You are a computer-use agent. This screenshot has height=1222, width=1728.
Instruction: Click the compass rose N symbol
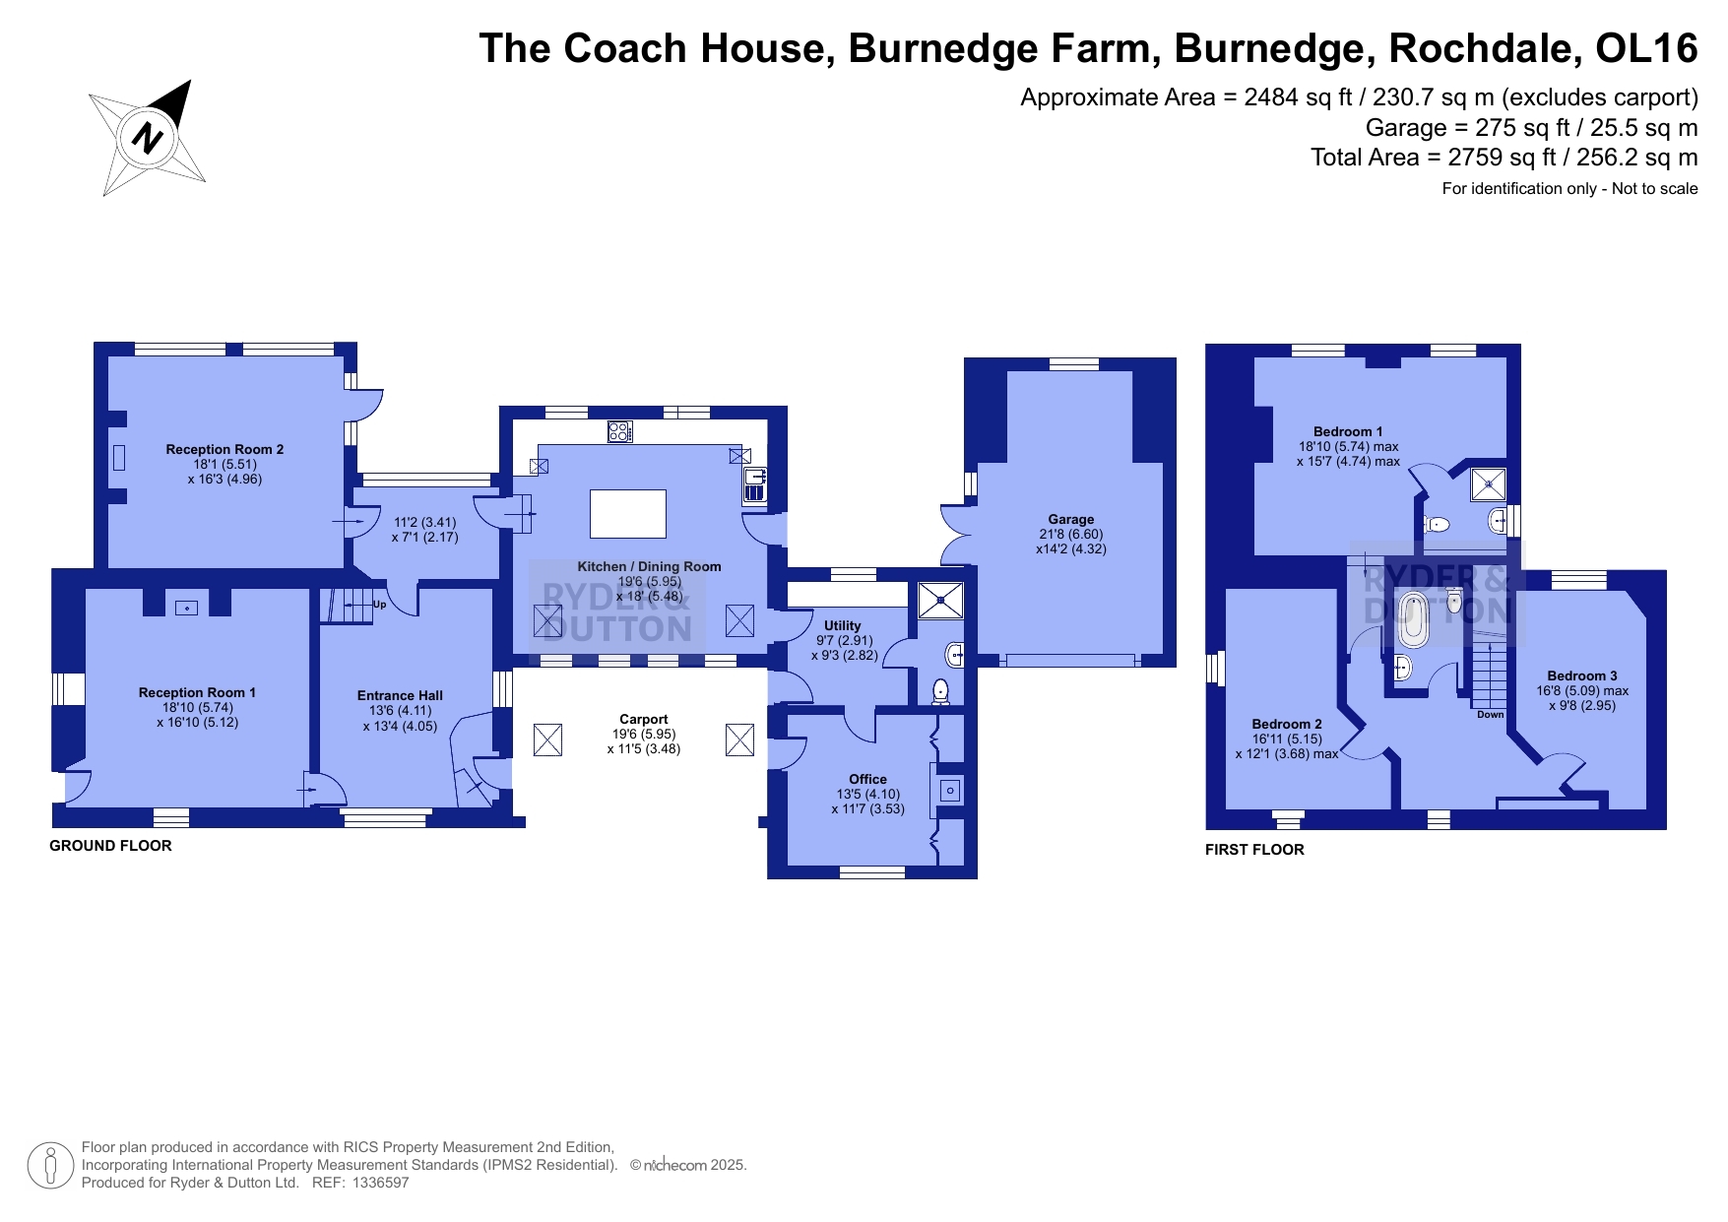pyautogui.click(x=147, y=136)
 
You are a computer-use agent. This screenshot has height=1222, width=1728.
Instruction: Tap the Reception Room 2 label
pyautogui.click(x=224, y=449)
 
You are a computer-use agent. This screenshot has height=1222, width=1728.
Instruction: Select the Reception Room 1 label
pyautogui.click(x=197, y=692)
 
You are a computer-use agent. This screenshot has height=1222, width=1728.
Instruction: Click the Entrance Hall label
pyautogui.click(x=400, y=695)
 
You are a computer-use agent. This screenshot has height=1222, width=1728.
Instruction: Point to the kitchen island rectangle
pyautogui.click(x=628, y=514)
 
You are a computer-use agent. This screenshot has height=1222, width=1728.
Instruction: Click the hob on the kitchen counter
pyautogui.click(x=620, y=431)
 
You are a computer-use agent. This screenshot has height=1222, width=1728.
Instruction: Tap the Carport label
pyautogui.click(x=644, y=719)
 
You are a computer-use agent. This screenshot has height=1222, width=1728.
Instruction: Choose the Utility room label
pyautogui.click(x=843, y=625)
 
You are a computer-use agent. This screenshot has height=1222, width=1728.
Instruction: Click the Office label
pyautogui.click(x=867, y=779)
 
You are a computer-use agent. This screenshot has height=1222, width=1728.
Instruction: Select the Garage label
pyautogui.click(x=1071, y=519)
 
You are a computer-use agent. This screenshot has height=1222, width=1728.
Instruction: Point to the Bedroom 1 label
pyautogui.click(x=1348, y=431)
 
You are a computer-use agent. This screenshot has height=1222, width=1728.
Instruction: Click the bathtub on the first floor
pyautogui.click(x=1414, y=618)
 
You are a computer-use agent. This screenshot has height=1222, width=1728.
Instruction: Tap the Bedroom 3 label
pyautogui.click(x=1582, y=675)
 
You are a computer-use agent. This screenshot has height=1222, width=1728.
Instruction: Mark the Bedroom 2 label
pyautogui.click(x=1287, y=724)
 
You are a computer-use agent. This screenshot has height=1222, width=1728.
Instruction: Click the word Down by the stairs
pyautogui.click(x=1491, y=715)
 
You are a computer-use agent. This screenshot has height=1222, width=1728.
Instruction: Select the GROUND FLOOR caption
pyautogui.click(x=110, y=846)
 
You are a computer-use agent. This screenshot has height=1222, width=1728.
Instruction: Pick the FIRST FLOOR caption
pyautogui.click(x=1254, y=850)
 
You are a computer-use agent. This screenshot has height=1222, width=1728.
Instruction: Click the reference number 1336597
pyautogui.click(x=379, y=1183)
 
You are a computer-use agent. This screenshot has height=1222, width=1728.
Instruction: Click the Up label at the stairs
pyautogui.click(x=379, y=605)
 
